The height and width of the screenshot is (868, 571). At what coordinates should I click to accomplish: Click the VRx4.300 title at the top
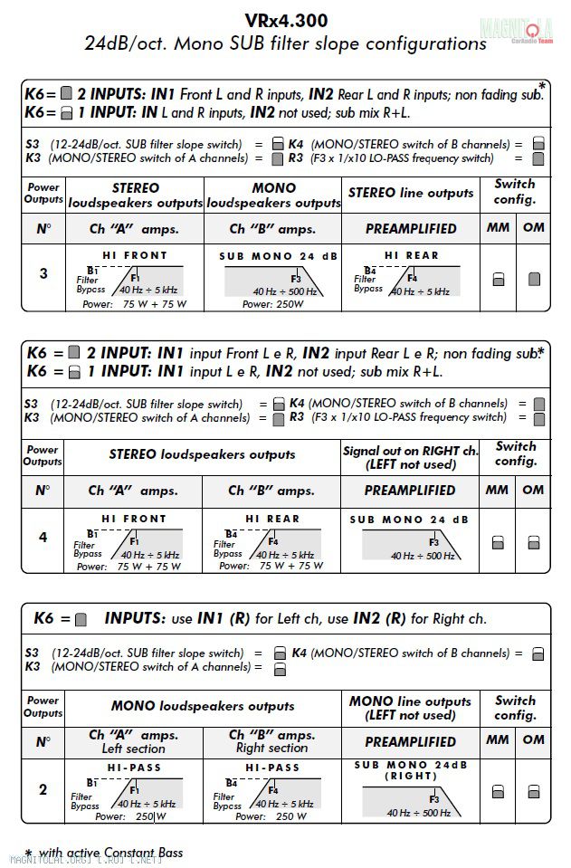click(285, 20)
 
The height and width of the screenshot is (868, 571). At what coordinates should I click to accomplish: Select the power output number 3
click(43, 273)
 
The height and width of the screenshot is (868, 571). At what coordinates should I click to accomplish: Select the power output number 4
click(43, 537)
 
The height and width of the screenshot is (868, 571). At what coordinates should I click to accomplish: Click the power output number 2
click(43, 789)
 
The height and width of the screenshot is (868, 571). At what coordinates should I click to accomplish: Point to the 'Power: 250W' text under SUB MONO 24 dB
click(272, 304)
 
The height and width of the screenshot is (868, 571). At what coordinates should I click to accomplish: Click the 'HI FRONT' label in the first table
click(133, 256)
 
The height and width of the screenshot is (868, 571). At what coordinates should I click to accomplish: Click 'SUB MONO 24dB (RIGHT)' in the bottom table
click(411, 770)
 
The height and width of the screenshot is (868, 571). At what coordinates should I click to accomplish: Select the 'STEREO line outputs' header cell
click(411, 193)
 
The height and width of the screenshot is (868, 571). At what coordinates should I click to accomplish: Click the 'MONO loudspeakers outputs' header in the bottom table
click(203, 706)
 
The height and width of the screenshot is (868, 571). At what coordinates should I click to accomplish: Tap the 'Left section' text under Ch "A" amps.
click(133, 749)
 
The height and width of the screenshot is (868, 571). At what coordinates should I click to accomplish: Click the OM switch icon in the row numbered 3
click(534, 279)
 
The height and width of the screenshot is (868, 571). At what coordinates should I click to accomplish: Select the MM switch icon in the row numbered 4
click(498, 543)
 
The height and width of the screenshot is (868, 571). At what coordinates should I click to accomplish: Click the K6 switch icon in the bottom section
click(81, 620)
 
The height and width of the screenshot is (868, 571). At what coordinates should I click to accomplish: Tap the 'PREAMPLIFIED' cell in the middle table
click(410, 491)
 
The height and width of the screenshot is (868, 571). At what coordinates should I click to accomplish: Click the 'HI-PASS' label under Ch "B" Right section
click(271, 768)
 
